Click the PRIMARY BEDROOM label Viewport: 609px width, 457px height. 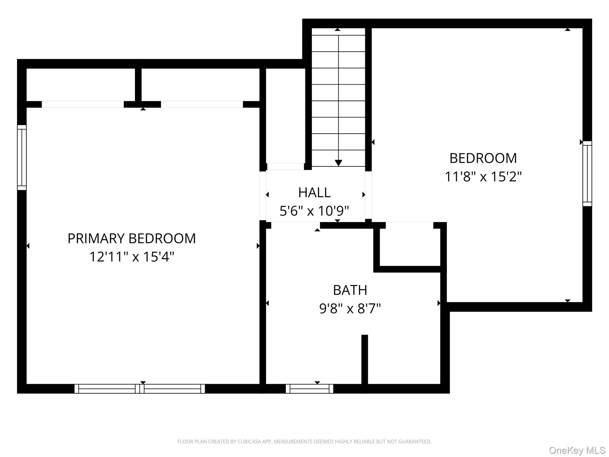point(132,238)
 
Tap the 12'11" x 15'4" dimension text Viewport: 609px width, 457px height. point(132,256)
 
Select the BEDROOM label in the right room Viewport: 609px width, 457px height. point(483,158)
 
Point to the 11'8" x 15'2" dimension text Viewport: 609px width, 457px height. point(483,176)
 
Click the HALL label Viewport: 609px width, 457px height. point(314,192)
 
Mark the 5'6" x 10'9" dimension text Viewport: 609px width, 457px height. point(314,211)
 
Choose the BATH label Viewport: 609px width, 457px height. point(350,290)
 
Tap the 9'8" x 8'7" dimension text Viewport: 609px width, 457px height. point(350,309)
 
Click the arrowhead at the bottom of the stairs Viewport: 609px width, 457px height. point(338,163)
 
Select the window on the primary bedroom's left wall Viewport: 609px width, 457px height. point(22,157)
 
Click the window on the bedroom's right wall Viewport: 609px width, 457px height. point(587,174)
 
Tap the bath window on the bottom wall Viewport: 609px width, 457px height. point(310,389)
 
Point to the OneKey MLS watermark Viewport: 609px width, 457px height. point(577,450)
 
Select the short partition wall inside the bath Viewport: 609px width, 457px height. point(365,359)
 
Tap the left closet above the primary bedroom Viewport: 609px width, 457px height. point(81,85)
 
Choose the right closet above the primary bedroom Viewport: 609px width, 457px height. point(200,85)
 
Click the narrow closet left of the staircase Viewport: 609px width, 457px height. point(285,116)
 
